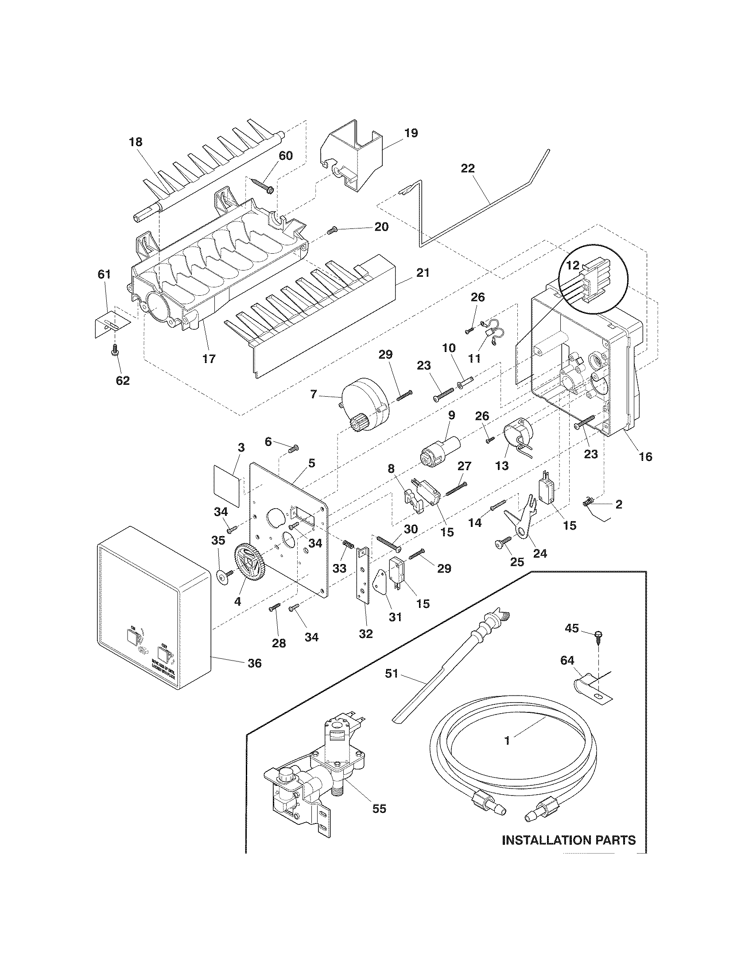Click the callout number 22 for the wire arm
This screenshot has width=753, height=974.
pyautogui.click(x=468, y=169)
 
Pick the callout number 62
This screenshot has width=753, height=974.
pyautogui.click(x=123, y=380)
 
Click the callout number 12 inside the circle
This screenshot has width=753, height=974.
pyautogui.click(x=573, y=265)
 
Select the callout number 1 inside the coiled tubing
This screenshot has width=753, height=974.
pyautogui.click(x=506, y=741)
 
